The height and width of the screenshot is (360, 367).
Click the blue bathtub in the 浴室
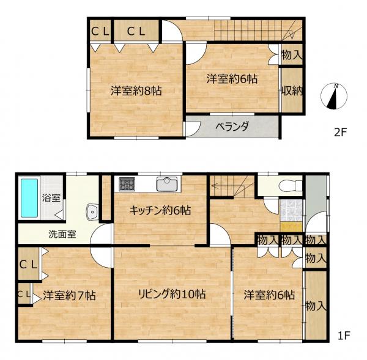pyautogui.click(x=29, y=198)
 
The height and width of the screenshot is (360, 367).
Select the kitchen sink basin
pyautogui.click(x=167, y=184)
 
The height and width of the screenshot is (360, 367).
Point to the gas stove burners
pyautogui.click(x=127, y=183)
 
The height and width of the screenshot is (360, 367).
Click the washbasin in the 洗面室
pyautogui.click(x=92, y=212)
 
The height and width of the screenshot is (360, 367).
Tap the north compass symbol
pyautogui.click(x=334, y=96)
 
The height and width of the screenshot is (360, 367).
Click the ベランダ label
pyautogui.click(x=232, y=127)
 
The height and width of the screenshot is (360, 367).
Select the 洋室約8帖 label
pyautogui.click(x=136, y=90)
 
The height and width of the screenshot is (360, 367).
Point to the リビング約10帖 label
pyautogui.click(x=172, y=294)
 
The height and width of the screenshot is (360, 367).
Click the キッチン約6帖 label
pyautogui.click(x=160, y=210)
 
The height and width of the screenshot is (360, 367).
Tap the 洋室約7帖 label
pyautogui.click(x=69, y=295)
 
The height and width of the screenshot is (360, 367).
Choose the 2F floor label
pyautogui.click(x=340, y=133)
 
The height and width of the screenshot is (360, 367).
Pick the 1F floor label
pyautogui.click(x=344, y=336)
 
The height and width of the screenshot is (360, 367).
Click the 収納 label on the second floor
pyautogui.click(x=292, y=90)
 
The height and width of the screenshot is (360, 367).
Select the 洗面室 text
pyautogui.click(x=62, y=234)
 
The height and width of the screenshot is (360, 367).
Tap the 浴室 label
pyautogui.click(x=51, y=198)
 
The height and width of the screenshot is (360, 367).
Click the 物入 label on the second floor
pyautogui.click(x=292, y=55)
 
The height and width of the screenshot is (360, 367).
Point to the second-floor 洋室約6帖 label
pyautogui.click(x=232, y=79)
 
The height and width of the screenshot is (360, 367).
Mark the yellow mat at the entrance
pyautogui.click(x=291, y=226)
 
